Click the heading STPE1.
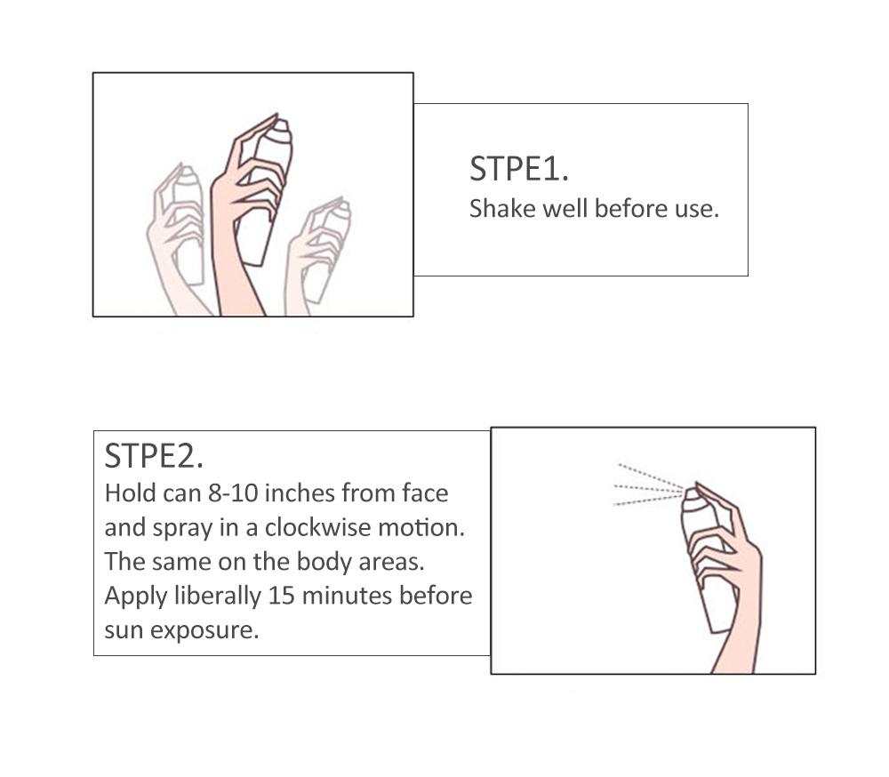pyautogui.click(x=519, y=169)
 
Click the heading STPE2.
pyautogui.click(x=154, y=456)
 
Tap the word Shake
pyautogui.click(x=502, y=209)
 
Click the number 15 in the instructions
pyautogui.click(x=281, y=596)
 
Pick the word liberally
pyautogui.click(x=218, y=596)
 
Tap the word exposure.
pyautogui.click(x=204, y=630)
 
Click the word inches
pyautogui.click(x=300, y=493)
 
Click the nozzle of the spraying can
pyautogui.click(x=692, y=494)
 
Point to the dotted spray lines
pyautogui.click(x=650, y=485)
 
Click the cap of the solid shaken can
pyautogui.click(x=280, y=131)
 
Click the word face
pyautogui.click(x=425, y=493)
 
